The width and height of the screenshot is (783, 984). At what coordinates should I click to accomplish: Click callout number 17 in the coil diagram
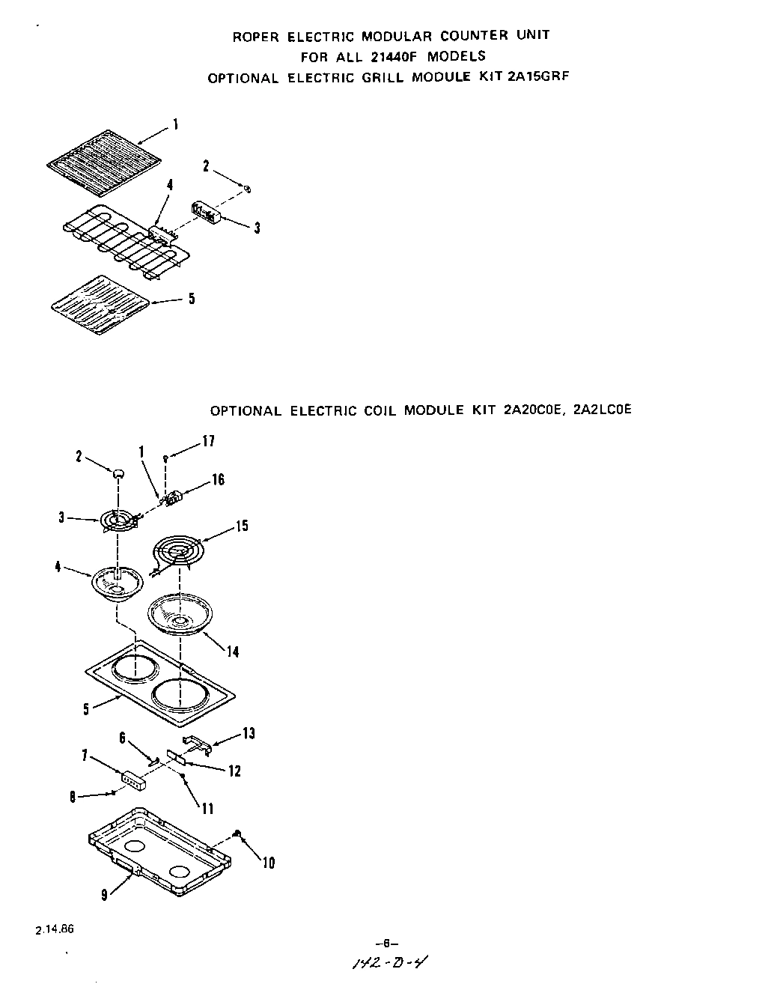208,442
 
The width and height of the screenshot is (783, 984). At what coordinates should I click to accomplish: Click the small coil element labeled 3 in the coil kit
116,520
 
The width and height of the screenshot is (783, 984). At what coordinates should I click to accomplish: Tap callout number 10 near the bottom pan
269,863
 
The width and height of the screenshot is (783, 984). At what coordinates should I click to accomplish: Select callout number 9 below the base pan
104,894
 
